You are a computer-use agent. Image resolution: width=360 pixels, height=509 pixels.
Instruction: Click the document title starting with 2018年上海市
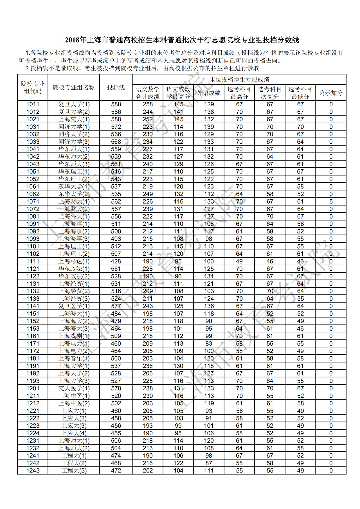pos(182,40)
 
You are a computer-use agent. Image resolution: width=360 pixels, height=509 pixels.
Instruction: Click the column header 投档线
pos(116,87)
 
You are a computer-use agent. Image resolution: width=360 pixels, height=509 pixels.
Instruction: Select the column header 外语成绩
pos(209,93)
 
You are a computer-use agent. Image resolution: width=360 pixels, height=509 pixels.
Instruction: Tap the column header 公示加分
pos(331,93)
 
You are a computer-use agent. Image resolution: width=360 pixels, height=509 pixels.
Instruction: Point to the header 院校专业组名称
pos(74,87)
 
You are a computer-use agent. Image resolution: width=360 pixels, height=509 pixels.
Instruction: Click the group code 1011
pos(33,104)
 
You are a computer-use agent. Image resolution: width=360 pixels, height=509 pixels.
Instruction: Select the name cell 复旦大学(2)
pos(74,112)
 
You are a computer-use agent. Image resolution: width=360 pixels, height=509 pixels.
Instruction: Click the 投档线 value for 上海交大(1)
pos(116,119)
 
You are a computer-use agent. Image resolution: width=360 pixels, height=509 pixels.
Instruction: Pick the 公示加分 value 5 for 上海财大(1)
pos(331,202)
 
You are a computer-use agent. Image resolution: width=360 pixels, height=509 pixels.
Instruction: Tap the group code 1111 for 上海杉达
pos(33,262)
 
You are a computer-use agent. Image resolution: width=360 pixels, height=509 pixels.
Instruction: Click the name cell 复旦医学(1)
pos(74,306)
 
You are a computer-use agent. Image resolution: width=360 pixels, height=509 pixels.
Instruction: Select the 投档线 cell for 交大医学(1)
pos(116,388)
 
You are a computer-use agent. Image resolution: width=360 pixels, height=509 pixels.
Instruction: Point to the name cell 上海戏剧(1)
pos(74,336)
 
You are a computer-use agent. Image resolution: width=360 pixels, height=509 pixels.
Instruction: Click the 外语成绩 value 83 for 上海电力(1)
pos(209,344)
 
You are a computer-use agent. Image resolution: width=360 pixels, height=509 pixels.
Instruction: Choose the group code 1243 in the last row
pos(33,471)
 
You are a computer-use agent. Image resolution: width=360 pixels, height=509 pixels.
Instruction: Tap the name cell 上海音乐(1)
pos(74,359)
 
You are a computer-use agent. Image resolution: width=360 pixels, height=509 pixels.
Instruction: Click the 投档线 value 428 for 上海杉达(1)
pos(116,262)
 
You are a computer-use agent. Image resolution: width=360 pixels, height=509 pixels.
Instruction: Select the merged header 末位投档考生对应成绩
pos(239,80)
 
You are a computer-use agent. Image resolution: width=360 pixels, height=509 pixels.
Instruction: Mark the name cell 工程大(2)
pos(74,463)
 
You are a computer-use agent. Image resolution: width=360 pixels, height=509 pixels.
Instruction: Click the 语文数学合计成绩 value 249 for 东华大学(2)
pos(148,194)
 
